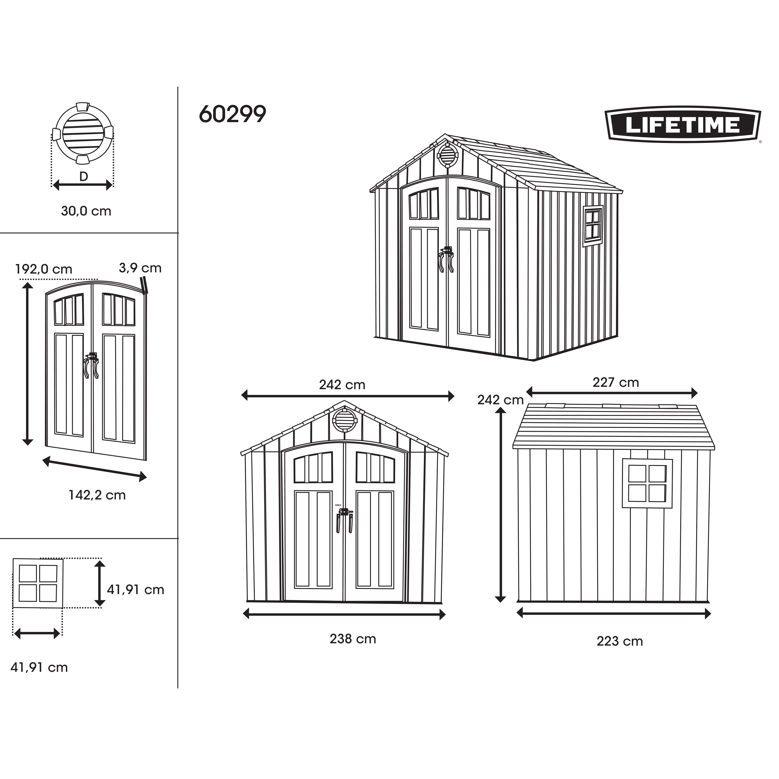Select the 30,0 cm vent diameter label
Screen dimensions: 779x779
click(x=86, y=211)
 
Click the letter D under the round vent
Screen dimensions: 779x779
click(x=84, y=177)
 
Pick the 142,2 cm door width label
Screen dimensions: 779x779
click(x=97, y=495)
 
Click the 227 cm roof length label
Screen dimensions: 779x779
click(x=616, y=382)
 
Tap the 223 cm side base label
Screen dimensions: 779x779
click(x=620, y=641)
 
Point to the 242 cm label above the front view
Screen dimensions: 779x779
click(x=342, y=385)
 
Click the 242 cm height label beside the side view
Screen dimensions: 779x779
click(x=500, y=400)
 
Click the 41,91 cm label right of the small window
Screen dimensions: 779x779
click(x=136, y=590)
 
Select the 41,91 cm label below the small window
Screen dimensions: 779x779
click(x=39, y=667)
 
